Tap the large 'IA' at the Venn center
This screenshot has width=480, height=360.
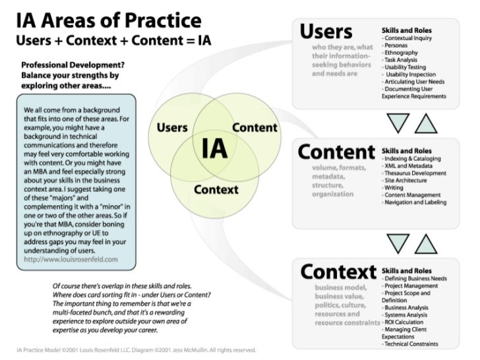[214, 149]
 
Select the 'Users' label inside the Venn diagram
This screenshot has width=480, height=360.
[172, 127]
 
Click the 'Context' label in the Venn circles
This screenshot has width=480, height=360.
[216, 190]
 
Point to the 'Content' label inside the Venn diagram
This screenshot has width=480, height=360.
[255, 127]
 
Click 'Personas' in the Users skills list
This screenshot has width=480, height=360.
[398, 46]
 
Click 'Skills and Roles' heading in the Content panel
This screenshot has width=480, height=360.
[407, 151]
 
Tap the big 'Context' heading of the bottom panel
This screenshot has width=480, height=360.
[338, 272]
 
